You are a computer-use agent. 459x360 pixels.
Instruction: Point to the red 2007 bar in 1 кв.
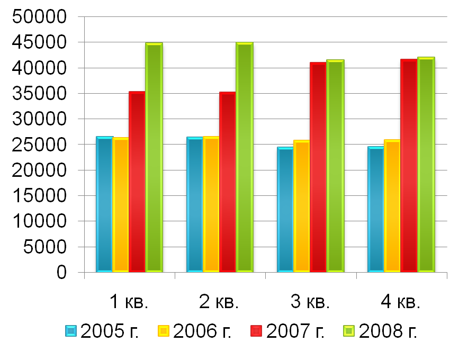tap(137, 182)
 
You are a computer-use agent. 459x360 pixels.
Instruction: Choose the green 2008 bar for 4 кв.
tap(426, 165)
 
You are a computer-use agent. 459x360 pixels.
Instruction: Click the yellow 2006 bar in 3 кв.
tap(302, 206)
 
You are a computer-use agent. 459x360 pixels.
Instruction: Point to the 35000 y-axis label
tap(40, 94)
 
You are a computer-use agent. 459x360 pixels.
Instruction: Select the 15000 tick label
tap(40, 196)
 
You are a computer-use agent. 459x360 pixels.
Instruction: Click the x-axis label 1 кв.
tap(129, 302)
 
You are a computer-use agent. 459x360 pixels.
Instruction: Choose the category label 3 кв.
tap(310, 302)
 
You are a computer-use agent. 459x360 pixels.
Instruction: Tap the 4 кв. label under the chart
tap(401, 302)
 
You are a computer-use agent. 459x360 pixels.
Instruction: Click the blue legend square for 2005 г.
tap(71, 331)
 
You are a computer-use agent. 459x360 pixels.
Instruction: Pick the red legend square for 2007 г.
tap(257, 331)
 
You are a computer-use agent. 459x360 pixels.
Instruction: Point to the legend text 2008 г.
tap(388, 331)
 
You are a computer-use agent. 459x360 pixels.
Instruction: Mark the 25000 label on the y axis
tap(40, 145)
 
